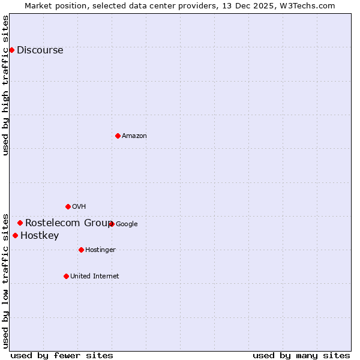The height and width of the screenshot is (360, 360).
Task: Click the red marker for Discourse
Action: point(11,50)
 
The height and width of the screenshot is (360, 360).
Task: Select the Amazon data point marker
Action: point(118,136)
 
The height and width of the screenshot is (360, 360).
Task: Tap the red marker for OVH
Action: point(68,206)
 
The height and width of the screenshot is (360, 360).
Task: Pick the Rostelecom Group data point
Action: point(20,223)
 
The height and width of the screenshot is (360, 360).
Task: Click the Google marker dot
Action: point(112,224)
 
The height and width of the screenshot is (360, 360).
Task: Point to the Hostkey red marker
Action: point(15,235)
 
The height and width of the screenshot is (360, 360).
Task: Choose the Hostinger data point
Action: point(81,250)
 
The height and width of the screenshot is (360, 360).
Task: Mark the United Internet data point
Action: point(66,276)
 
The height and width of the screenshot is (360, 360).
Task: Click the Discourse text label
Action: point(40,50)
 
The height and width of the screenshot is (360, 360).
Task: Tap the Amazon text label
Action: point(134,136)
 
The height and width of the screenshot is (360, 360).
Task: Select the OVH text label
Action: point(79,207)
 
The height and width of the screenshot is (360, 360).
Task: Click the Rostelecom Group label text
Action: point(67,223)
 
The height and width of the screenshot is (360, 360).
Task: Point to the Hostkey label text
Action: point(40,236)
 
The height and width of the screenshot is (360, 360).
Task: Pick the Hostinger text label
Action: point(100,250)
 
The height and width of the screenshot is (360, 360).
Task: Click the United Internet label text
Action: point(94,277)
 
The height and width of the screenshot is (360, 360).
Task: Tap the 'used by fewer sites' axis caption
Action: point(62,355)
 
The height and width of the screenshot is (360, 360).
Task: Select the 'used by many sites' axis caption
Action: point(301,355)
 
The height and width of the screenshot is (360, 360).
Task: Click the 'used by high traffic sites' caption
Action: point(6,85)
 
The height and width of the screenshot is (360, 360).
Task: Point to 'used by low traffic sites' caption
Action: point(6,280)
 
